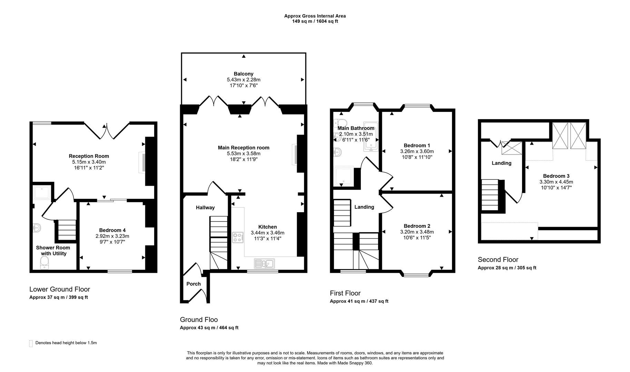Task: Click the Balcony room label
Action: pos(244,74)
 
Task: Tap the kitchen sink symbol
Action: pos(264,264)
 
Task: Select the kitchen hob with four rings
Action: pos(238,238)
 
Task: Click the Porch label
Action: pos(194,284)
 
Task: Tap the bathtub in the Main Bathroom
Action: pos(371,137)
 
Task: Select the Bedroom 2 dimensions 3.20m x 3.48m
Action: pos(417,232)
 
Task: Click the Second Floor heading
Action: pos(498,260)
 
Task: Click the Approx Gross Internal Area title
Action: pos(315,16)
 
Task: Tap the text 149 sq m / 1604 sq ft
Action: pos(315,21)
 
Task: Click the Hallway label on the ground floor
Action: pos(205,207)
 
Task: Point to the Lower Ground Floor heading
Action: pos(60,289)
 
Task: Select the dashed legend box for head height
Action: pos(31,343)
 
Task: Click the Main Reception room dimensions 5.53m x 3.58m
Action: pos(244,154)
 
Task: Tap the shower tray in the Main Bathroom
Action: pos(344,176)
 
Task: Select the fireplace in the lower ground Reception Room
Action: pos(142,162)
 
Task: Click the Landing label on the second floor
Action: pos(501,163)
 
